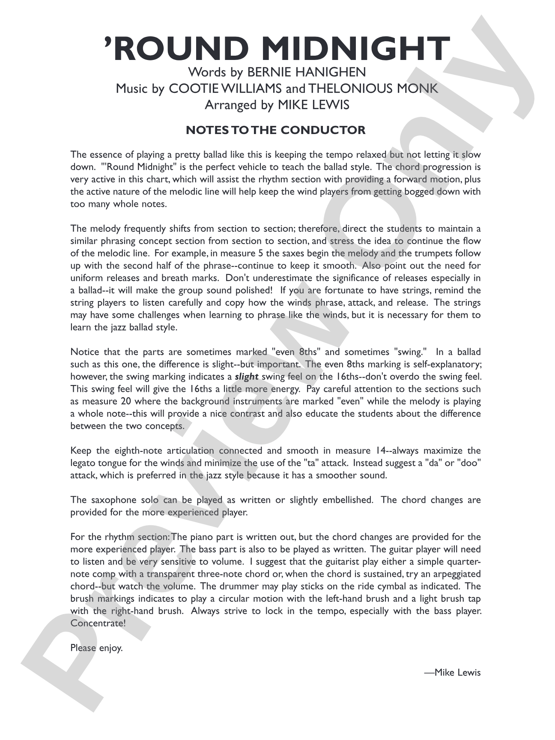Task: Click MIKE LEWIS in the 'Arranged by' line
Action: pos(314,105)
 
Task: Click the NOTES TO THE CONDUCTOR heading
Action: pos(276,130)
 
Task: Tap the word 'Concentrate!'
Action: pos(98,623)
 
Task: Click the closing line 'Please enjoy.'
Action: pos(96,648)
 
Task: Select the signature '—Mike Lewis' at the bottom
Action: pos(452,672)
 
